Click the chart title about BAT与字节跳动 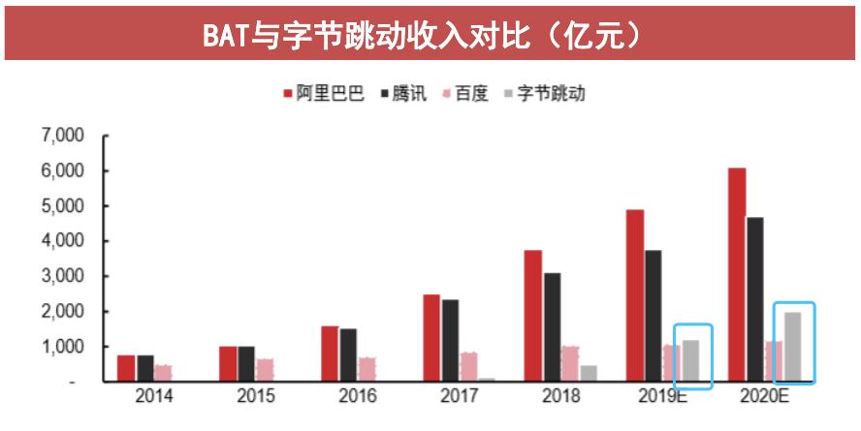[x=430, y=34]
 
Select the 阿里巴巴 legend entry [x=324, y=94]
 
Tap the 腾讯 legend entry [x=402, y=94]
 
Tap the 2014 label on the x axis [x=154, y=396]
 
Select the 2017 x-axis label [x=460, y=396]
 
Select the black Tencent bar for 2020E [x=755, y=299]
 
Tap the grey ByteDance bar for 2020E [x=793, y=347]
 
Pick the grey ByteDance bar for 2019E [x=690, y=360]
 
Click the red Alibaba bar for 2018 [x=533, y=316]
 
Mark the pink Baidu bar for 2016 [x=367, y=369]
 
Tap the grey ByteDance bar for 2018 [x=589, y=373]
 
